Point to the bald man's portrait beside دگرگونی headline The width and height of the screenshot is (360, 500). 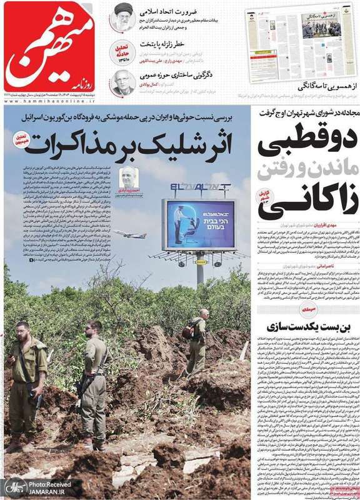click(x=122, y=81)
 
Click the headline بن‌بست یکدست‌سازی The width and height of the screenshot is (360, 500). click(x=300, y=327)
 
